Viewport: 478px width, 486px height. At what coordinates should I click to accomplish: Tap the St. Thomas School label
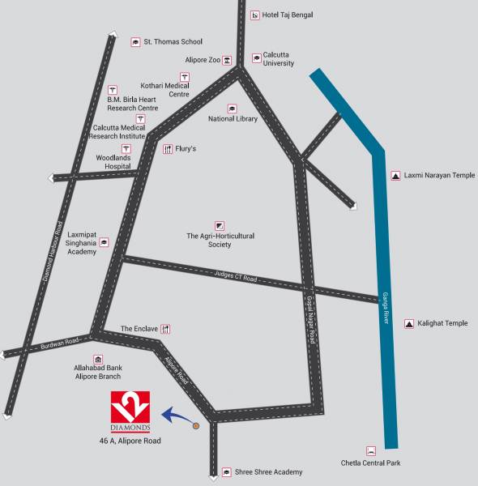coord(173,41)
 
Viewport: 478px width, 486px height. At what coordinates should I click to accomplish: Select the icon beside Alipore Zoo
coord(228,60)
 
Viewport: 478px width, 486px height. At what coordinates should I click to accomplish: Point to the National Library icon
coord(233,109)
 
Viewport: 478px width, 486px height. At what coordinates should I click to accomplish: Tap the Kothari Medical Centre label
coord(165,90)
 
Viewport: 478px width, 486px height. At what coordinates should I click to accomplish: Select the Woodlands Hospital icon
coord(126,149)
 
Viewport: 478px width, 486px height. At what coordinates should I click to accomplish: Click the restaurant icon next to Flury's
coord(168,149)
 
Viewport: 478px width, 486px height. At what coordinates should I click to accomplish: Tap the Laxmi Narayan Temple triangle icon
coord(396,175)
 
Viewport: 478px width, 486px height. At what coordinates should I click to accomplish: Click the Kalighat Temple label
coord(442,323)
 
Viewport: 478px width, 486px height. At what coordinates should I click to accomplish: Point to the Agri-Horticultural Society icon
coord(220,224)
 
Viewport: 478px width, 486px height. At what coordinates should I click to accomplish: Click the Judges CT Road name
coord(237,277)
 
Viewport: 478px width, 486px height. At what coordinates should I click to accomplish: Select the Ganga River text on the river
coord(386,309)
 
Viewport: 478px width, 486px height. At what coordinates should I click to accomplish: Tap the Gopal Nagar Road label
coord(310,321)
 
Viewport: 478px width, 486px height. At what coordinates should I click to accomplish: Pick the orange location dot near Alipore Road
coord(195,424)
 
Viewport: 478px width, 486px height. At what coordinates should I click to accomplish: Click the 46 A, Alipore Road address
coord(130,441)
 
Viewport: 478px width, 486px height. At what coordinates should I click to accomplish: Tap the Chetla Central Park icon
coord(371,450)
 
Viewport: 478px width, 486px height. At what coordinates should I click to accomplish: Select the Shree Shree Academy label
coord(268,472)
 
